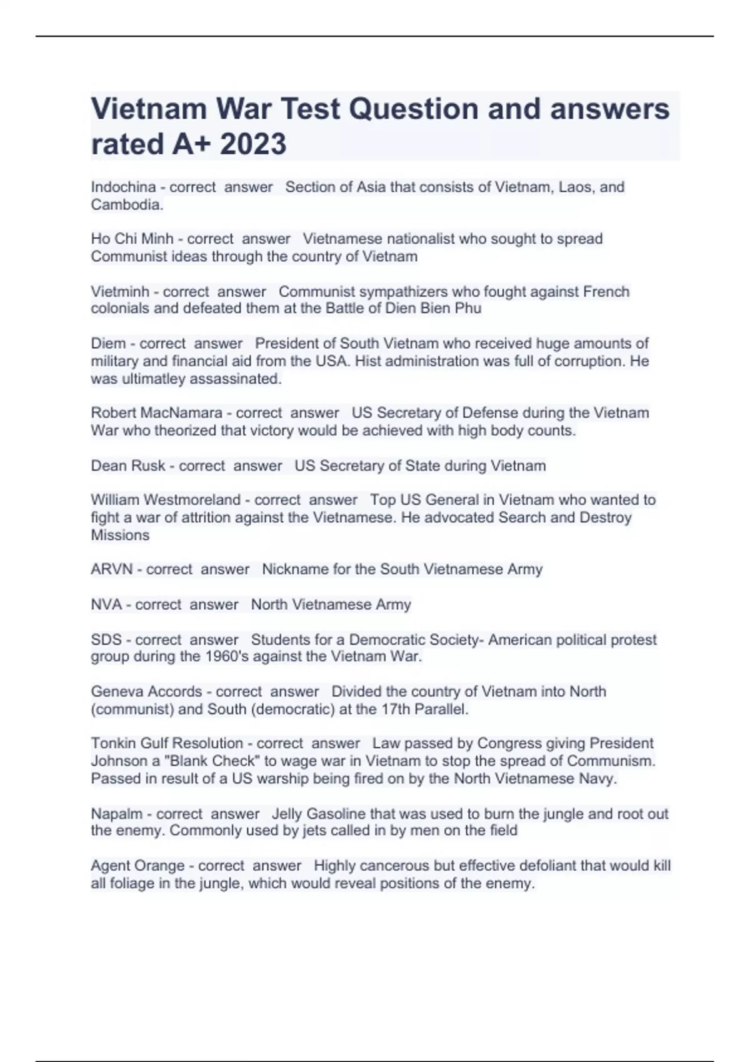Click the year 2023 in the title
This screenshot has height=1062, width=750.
point(253,144)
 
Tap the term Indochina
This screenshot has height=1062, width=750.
point(123,187)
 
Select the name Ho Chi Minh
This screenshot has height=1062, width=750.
point(132,239)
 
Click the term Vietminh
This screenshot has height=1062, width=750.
point(120,292)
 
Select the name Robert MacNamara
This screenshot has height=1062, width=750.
point(156,413)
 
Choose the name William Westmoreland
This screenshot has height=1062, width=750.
point(166,500)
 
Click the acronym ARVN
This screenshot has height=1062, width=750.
point(112,569)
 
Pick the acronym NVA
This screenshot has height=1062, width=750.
point(106,605)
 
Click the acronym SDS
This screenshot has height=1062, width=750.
point(106,640)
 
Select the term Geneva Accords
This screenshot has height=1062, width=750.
point(146,692)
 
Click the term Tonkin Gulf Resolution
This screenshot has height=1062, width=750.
point(167,743)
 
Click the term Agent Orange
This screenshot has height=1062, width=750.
point(137,866)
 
